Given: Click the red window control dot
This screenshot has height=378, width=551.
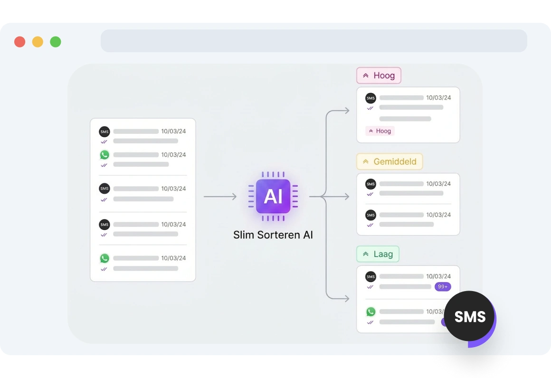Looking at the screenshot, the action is [19, 42].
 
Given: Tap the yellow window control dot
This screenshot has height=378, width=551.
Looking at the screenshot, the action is [38, 42].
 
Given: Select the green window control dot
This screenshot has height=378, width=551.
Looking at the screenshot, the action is [56, 42].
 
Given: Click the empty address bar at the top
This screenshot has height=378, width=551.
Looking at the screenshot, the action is [314, 41].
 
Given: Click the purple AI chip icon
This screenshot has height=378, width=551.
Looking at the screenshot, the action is [273, 197].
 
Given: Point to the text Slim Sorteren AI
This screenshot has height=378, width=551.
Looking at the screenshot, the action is [273, 235].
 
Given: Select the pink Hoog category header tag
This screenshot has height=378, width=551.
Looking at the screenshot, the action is [379, 76].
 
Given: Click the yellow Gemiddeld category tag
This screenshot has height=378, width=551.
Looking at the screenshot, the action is [389, 161].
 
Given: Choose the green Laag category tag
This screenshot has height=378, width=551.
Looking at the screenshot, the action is [378, 254].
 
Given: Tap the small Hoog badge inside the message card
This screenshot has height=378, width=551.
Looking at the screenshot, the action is [380, 131].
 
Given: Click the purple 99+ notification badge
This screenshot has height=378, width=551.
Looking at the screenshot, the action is [443, 287].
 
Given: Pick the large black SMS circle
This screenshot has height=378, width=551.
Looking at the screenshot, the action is [469, 317].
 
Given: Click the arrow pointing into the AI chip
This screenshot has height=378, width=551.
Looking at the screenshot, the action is [220, 197].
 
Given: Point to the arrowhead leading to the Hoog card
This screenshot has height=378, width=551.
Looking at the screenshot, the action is [347, 111].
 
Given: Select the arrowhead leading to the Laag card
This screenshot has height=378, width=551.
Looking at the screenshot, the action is [347, 299].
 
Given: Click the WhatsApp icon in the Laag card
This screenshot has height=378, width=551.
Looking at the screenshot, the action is [370, 312].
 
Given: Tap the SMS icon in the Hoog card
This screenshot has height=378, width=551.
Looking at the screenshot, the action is [370, 98].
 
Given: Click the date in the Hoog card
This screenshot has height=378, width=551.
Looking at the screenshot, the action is [438, 98].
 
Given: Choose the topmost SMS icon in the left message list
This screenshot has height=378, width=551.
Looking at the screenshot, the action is [104, 132].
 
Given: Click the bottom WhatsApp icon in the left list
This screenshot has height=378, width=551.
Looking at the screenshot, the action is [104, 258].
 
